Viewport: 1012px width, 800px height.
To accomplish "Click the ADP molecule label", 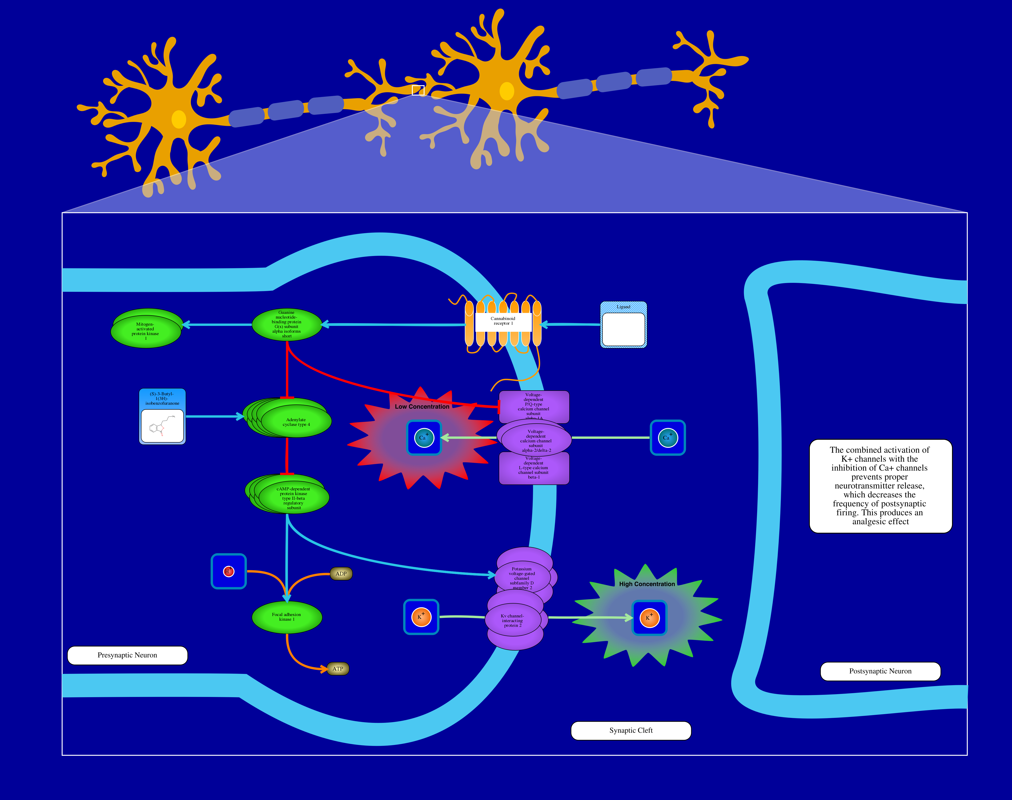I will tap(341, 574).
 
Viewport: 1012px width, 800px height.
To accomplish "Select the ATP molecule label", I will tap(338, 669).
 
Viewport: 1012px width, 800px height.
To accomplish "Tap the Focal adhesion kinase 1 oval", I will tap(287, 617).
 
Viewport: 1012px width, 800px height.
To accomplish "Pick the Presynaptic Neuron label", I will tap(127, 655).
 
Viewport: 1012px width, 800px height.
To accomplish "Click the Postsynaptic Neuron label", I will tap(880, 671).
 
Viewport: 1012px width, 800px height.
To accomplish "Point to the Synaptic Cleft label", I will tap(631, 731).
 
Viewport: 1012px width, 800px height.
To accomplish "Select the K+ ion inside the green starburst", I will tap(649, 618).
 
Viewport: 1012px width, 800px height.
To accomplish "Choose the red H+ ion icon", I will tap(229, 572).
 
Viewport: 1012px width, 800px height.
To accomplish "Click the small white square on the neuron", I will tap(418, 90).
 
